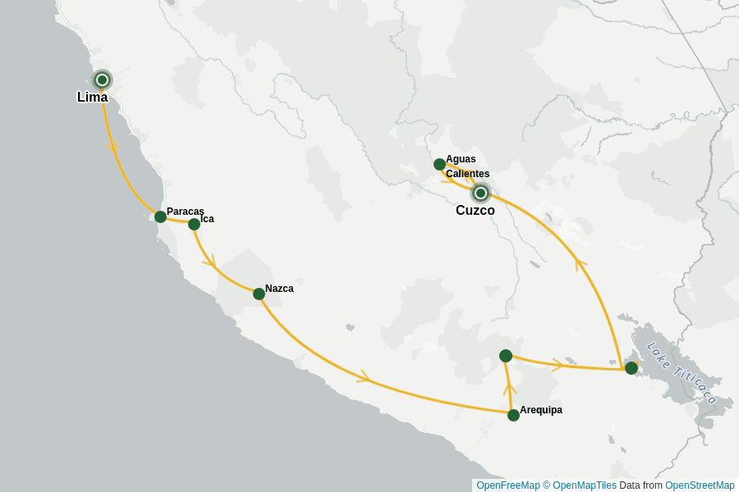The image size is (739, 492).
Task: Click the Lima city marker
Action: pos(102,80)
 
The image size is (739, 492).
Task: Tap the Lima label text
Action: pos(92,98)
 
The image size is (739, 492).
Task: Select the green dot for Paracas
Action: pos(160,216)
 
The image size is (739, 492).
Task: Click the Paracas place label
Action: pos(185,212)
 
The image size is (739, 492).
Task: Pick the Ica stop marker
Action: pos(194,224)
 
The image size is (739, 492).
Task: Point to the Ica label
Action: pos(207,219)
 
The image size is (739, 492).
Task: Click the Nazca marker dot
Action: pos(259,294)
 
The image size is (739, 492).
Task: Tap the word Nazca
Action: pos(279,289)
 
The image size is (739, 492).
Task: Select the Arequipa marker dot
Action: pos(513,415)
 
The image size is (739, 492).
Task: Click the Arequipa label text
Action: pos(541,410)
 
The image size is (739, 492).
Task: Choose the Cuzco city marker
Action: pos(480,194)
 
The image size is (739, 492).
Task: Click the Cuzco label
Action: pos(475,211)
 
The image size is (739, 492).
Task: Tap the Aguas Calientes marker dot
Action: pos(439,164)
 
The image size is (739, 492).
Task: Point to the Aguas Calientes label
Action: pos(467,166)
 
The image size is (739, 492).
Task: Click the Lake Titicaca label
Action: pos(682,372)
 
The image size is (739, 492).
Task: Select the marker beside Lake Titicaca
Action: pos(631,368)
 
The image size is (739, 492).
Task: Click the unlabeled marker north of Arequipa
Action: pos(506,356)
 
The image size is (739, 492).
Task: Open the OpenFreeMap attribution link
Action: pos(507,485)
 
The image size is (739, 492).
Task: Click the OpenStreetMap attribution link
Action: pos(700,485)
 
